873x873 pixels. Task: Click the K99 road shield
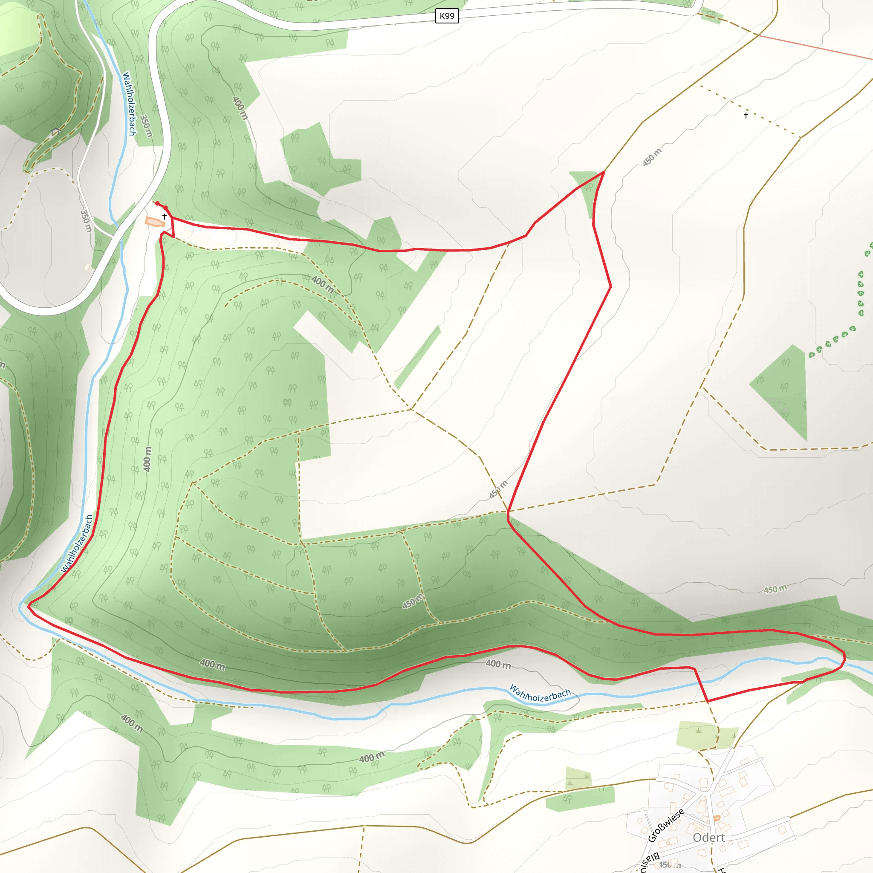[447, 16]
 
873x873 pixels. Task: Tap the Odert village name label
[708, 837]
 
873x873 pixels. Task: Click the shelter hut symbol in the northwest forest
[56, 131]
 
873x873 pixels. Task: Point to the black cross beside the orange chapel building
[165, 217]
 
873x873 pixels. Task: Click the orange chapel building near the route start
[154, 221]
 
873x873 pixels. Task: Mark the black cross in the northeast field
[746, 115]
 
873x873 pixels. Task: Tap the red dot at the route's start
[157, 203]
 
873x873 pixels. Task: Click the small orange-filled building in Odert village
[717, 818]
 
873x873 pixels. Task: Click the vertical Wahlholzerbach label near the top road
[129, 104]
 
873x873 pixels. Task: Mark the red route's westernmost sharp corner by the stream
[29, 605]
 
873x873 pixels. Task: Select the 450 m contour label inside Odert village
[669, 864]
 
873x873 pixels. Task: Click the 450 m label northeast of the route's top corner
[652, 157]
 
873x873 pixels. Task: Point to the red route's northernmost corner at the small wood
[604, 172]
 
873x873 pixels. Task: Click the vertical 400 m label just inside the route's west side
[147, 459]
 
